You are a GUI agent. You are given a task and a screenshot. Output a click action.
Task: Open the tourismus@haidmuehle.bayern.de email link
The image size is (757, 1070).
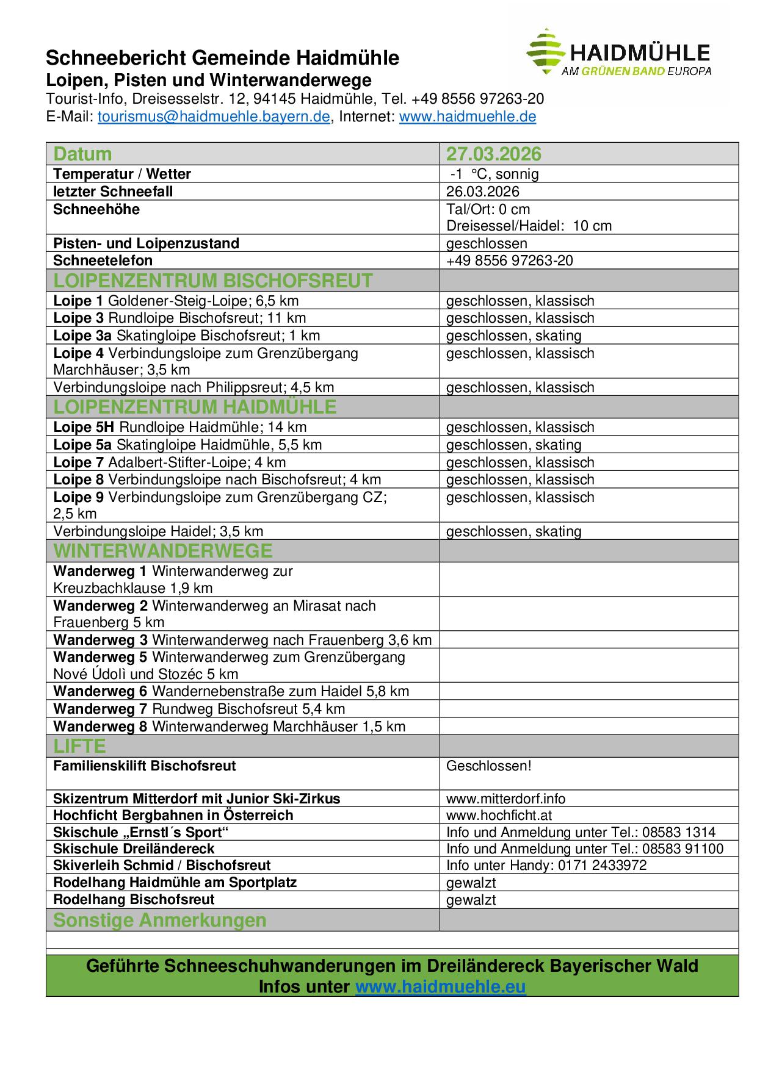(213, 117)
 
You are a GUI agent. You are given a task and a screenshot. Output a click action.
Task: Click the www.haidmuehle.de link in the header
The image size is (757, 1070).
(467, 117)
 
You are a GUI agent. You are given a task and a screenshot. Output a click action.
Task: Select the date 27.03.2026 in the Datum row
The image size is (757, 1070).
(493, 154)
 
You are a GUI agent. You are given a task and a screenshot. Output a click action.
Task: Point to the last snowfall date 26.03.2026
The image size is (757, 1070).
(482, 192)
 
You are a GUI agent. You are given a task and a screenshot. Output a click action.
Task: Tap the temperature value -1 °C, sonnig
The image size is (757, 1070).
(494, 174)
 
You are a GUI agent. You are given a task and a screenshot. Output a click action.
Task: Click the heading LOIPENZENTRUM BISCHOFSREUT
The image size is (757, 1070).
(212, 281)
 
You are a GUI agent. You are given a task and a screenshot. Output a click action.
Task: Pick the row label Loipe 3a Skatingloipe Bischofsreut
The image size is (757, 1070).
(186, 336)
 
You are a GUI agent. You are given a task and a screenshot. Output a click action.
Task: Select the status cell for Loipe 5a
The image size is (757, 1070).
(513, 445)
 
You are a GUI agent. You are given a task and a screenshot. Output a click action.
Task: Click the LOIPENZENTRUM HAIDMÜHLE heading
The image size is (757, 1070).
(195, 406)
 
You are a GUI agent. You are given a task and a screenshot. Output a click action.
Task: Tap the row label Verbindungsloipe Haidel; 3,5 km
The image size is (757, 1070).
(158, 531)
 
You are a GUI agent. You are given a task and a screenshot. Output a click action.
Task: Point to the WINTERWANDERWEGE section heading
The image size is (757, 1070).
(162, 551)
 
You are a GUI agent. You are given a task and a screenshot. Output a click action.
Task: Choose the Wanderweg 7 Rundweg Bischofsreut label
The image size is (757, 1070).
(199, 709)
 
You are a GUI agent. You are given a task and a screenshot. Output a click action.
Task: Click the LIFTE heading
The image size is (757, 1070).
(79, 746)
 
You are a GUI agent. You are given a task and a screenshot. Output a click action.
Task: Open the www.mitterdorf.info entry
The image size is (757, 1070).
(505, 799)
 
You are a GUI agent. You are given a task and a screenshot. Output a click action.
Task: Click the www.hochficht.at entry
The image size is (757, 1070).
(499, 815)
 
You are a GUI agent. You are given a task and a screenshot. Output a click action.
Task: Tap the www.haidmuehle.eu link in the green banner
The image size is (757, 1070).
(440, 986)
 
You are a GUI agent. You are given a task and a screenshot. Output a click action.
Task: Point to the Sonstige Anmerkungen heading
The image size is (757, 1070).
(160, 920)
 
